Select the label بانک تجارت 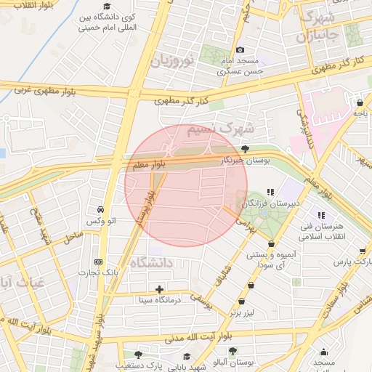(100, 272)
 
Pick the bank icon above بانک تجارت (99, 262)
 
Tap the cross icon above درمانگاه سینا (160, 289)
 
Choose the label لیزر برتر (245, 312)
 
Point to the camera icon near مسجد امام (240, 49)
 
